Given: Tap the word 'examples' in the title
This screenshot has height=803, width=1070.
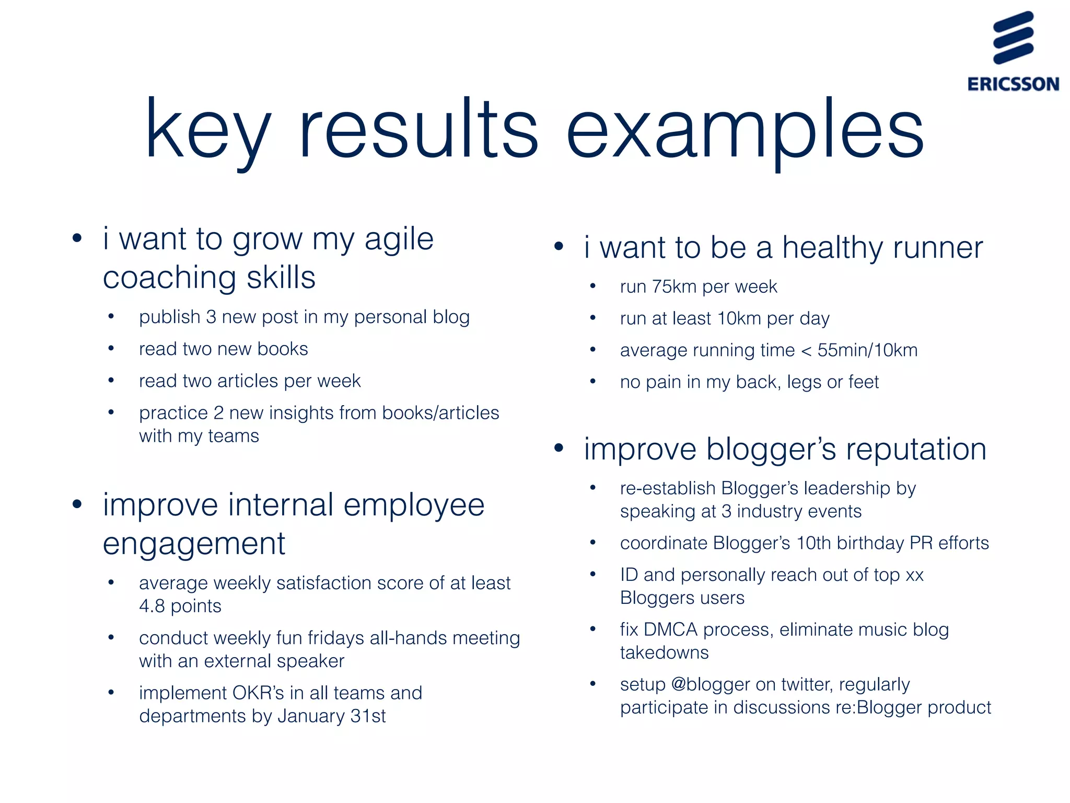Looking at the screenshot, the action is pyautogui.click(x=745, y=131).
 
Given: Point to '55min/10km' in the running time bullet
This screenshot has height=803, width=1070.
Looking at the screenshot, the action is pyautogui.click(x=867, y=350).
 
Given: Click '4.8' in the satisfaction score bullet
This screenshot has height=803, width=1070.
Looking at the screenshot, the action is pyautogui.click(x=152, y=606).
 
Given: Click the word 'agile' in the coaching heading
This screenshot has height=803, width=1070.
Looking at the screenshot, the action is pyautogui.click(x=399, y=239).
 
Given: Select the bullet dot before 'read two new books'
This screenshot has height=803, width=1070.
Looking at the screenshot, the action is pyautogui.click(x=111, y=348).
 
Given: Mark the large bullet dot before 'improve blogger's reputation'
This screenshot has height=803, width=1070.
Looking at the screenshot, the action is pyautogui.click(x=559, y=448).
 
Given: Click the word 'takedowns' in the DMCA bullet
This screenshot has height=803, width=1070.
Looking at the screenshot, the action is pyautogui.click(x=664, y=653).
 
